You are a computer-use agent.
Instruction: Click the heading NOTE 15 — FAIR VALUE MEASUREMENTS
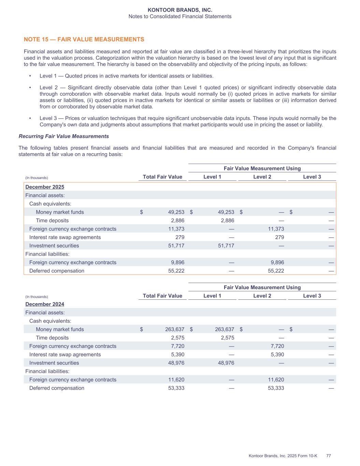coord(84,40)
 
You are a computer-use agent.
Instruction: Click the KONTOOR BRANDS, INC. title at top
coord(180,10)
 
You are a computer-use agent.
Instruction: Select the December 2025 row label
coord(45,187)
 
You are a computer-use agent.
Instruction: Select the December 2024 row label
coord(45,304)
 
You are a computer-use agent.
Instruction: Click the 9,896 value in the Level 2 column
coord(276,263)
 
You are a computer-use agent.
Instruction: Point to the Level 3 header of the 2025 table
coord(312,177)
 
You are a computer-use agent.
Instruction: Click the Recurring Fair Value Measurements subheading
coord(64,136)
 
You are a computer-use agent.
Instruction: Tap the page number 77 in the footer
coord(329,456)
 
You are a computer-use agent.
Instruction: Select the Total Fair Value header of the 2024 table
coord(162,296)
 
